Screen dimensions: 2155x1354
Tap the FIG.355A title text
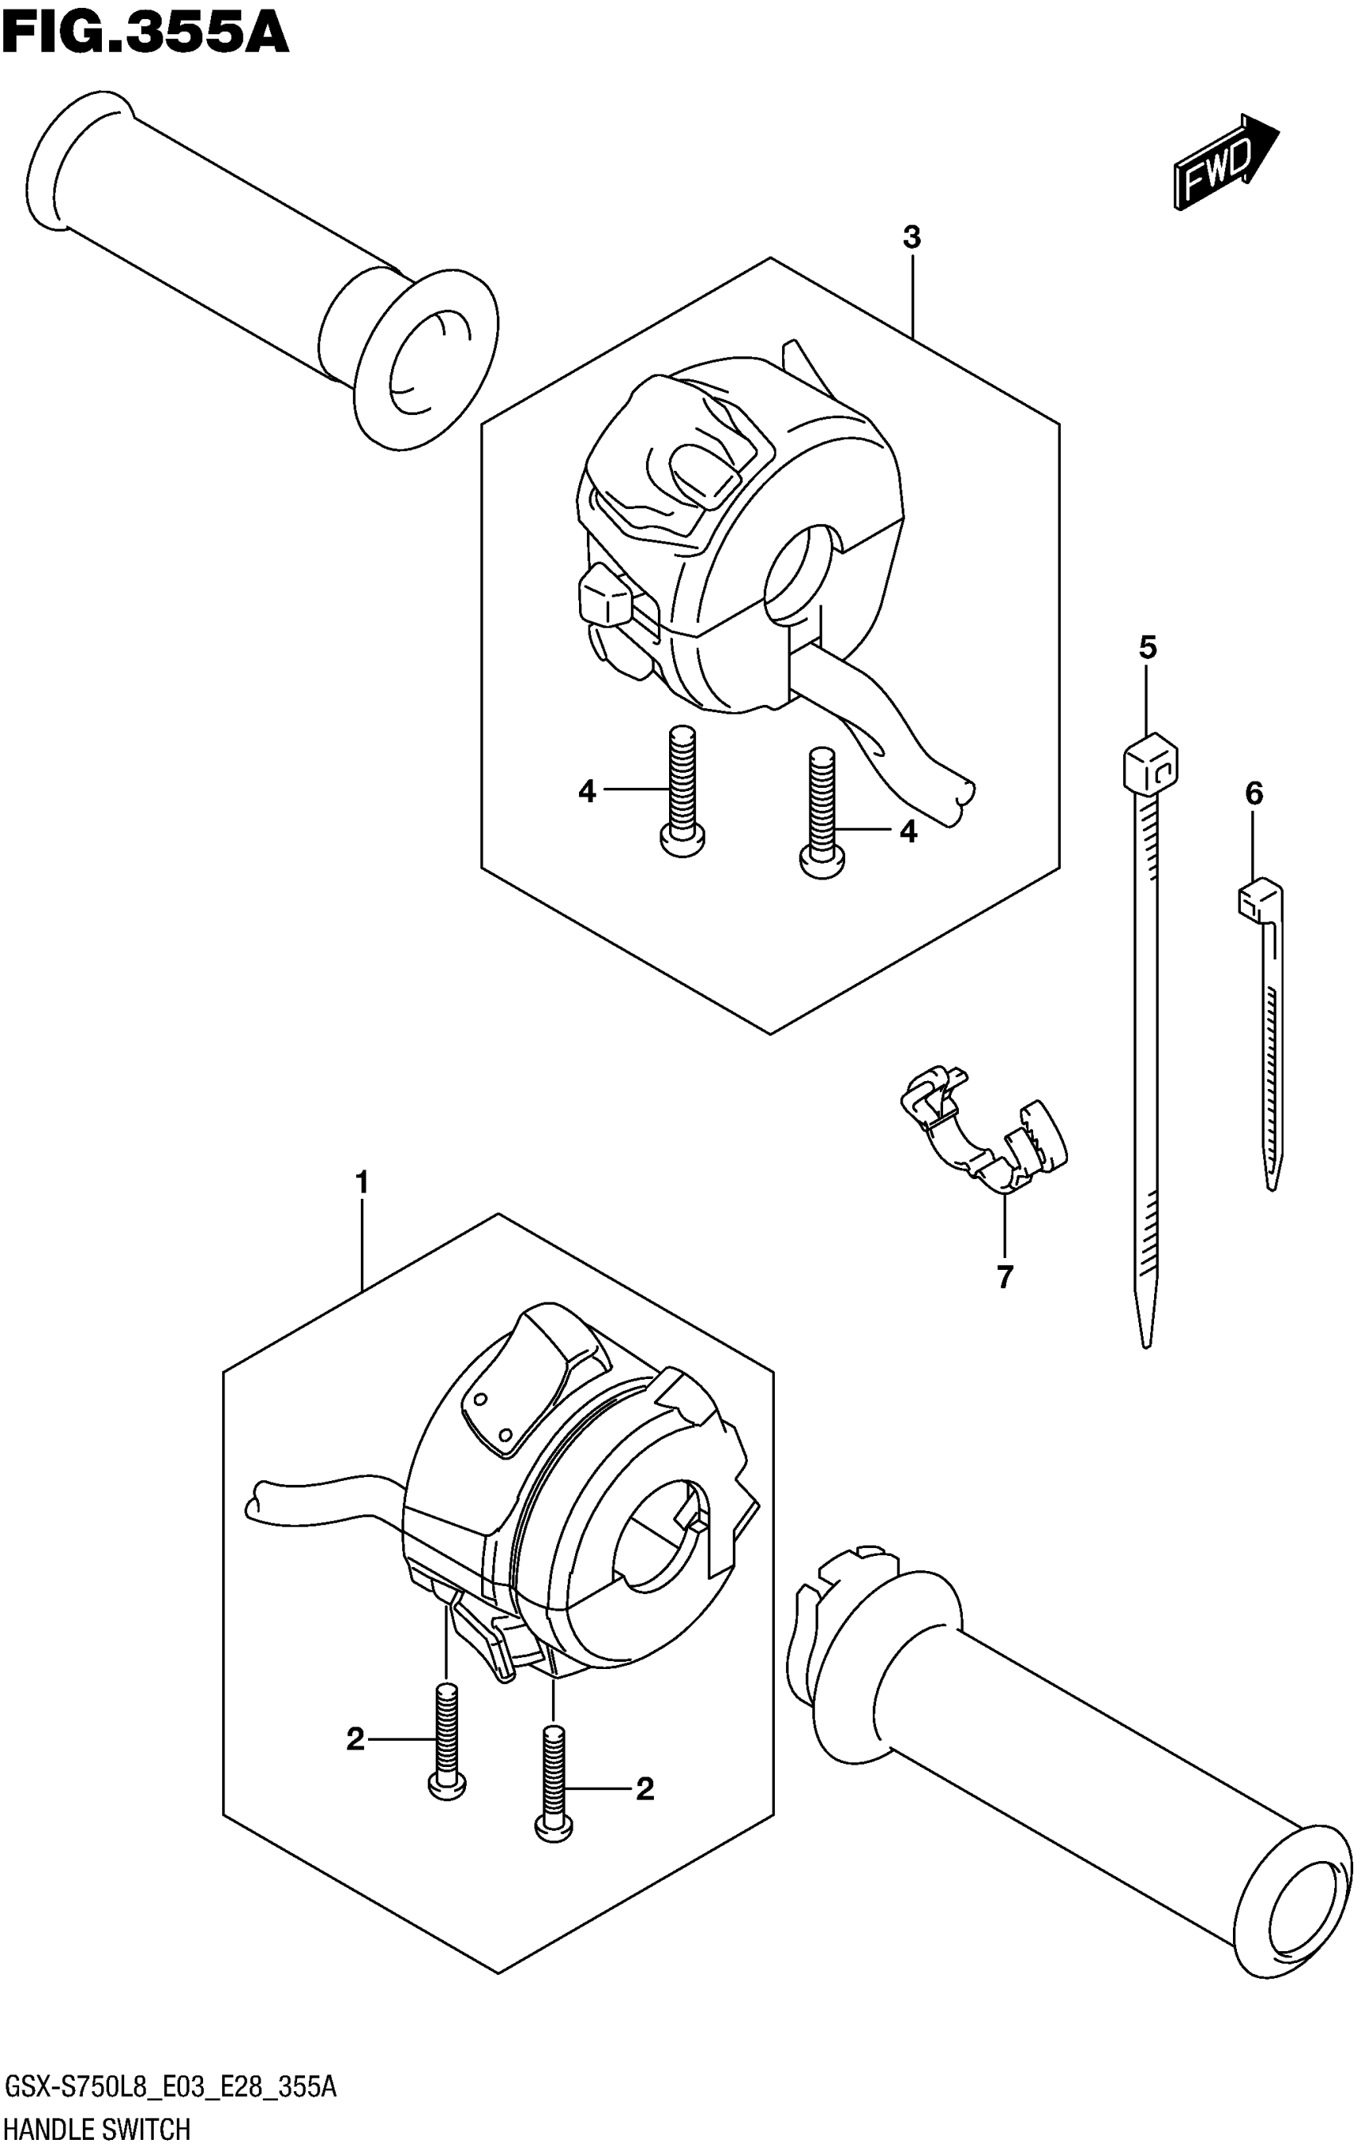(145, 34)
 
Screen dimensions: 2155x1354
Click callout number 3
(911, 238)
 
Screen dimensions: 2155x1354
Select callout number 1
(362, 1183)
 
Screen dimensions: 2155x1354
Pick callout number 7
(1004, 1277)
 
